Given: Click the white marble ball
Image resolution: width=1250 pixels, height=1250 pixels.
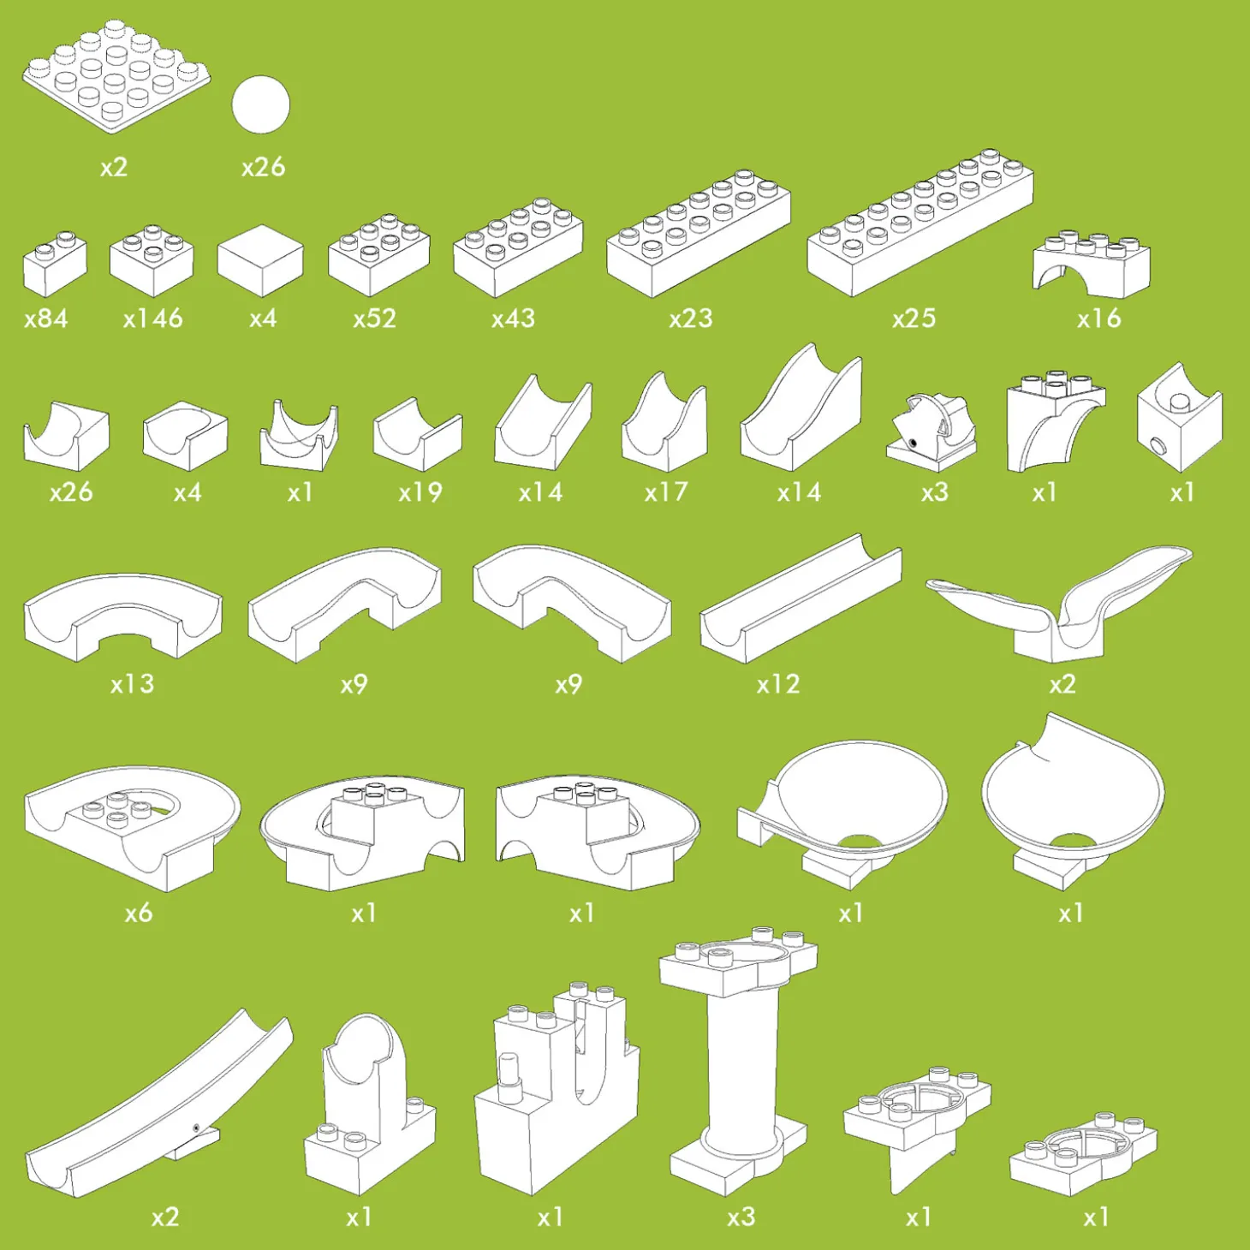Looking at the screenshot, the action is pyautogui.click(x=261, y=104).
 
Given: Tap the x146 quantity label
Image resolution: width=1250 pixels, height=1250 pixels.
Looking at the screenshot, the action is pyautogui.click(x=153, y=318).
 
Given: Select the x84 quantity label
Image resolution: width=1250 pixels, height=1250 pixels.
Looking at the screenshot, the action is pyautogui.click(x=46, y=318).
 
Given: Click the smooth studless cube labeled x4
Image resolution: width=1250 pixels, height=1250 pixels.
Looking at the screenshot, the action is pyautogui.click(x=260, y=261).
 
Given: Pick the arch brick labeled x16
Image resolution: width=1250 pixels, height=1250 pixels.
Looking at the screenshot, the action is pyautogui.click(x=1092, y=264).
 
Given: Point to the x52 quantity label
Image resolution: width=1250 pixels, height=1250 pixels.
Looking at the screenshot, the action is pyautogui.click(x=375, y=318).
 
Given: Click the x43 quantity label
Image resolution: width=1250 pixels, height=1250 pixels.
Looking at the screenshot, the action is pyautogui.click(x=513, y=318).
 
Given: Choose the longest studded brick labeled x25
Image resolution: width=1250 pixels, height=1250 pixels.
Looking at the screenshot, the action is pyautogui.click(x=920, y=223).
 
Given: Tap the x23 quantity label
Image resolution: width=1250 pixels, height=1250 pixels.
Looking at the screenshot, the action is pyautogui.click(x=691, y=318).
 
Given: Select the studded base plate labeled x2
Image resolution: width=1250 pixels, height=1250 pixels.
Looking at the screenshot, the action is pyautogui.click(x=116, y=76).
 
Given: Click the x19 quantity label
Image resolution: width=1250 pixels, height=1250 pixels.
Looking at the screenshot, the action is pyautogui.click(x=420, y=492).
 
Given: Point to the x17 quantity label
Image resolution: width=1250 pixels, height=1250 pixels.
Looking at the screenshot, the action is pyautogui.click(x=666, y=492).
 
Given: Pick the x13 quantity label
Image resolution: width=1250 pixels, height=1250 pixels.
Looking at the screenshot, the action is pyautogui.click(x=133, y=684).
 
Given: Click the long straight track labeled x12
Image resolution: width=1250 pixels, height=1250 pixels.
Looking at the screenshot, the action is pyautogui.click(x=801, y=598).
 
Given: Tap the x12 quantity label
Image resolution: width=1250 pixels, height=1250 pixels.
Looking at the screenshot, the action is pyautogui.click(x=778, y=684).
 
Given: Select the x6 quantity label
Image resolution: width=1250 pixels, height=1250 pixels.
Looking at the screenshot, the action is pyautogui.click(x=139, y=913).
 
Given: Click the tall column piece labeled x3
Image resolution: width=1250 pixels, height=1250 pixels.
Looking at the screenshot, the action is pyautogui.click(x=739, y=1062).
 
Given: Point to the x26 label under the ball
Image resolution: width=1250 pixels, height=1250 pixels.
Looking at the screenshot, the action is pyautogui.click(x=264, y=167).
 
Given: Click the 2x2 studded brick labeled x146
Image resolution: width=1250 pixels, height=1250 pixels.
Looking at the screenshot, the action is pyautogui.click(x=152, y=261).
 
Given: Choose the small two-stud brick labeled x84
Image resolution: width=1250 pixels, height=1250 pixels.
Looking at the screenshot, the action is pyautogui.click(x=55, y=264).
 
